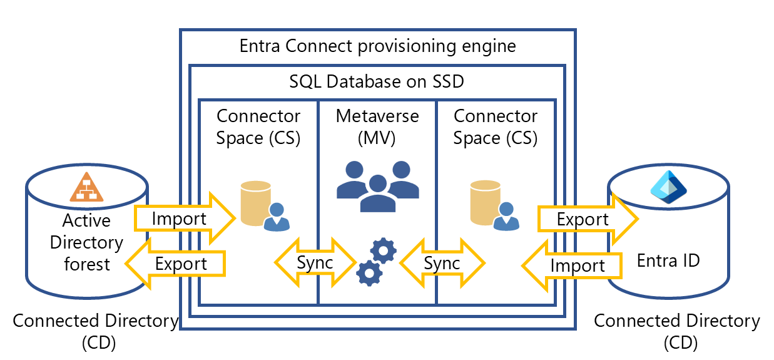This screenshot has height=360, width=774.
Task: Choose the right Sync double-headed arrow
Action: tap(442, 263)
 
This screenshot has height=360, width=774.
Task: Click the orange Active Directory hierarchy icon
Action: tap(86, 187)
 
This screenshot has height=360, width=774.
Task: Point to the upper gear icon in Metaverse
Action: tap(384, 250)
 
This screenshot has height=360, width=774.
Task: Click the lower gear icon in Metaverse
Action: tap(369, 273)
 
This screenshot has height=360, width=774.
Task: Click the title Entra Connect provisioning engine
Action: tap(378, 46)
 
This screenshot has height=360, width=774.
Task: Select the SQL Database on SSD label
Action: tap(377, 81)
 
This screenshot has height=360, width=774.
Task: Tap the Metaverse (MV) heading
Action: tap(377, 127)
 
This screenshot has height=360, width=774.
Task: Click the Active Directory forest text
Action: tap(86, 242)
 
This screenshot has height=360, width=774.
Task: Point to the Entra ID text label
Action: tap(668, 260)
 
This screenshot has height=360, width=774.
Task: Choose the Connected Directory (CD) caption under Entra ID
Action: tap(677, 332)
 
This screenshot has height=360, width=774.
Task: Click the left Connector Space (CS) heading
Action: tap(258, 127)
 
